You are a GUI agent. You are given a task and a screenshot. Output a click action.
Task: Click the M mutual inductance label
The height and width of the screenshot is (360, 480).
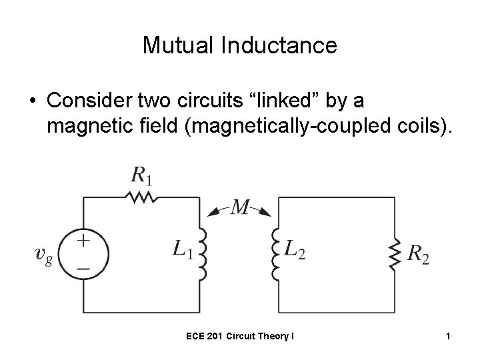pyautogui.click(x=240, y=208)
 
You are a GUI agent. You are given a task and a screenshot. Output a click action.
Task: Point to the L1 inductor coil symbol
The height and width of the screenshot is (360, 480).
pyautogui.click(x=203, y=254)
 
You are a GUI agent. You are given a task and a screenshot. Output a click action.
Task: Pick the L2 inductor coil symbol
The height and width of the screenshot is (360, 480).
pyautogui.click(x=274, y=254)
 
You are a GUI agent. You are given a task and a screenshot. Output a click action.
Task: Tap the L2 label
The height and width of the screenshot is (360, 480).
pyautogui.click(x=294, y=250)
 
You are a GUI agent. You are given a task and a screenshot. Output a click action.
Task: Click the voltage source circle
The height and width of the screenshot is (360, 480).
pyautogui.click(x=84, y=254)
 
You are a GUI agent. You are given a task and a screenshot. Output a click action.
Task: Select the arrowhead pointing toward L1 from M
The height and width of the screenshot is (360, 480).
pyautogui.click(x=213, y=213)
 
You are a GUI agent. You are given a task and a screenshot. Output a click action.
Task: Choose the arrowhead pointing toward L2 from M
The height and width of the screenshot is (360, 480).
pyautogui.click(x=265, y=213)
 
